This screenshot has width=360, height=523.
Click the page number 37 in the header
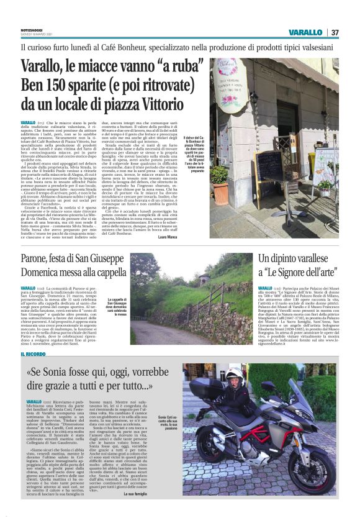[334, 32]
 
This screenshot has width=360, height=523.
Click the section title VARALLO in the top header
[305, 32]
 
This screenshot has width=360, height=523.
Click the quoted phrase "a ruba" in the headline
[176, 66]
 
